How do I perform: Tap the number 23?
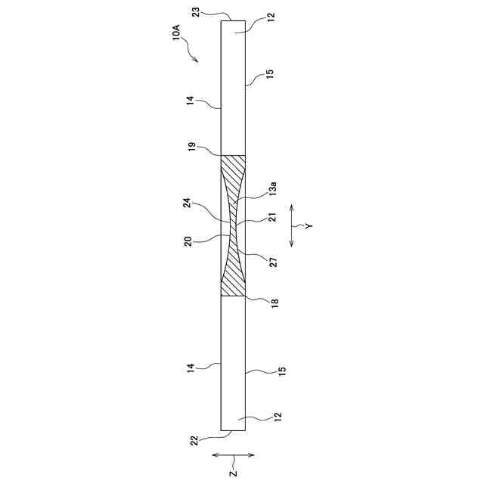tap(197, 14)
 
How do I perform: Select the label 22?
tap(194, 440)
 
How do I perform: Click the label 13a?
tap(272, 189)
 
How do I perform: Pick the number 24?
tap(188, 203)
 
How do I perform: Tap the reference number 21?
tap(272, 217)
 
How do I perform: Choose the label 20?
tap(188, 241)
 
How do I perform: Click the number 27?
tap(274, 262)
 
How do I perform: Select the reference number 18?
tap(275, 303)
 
